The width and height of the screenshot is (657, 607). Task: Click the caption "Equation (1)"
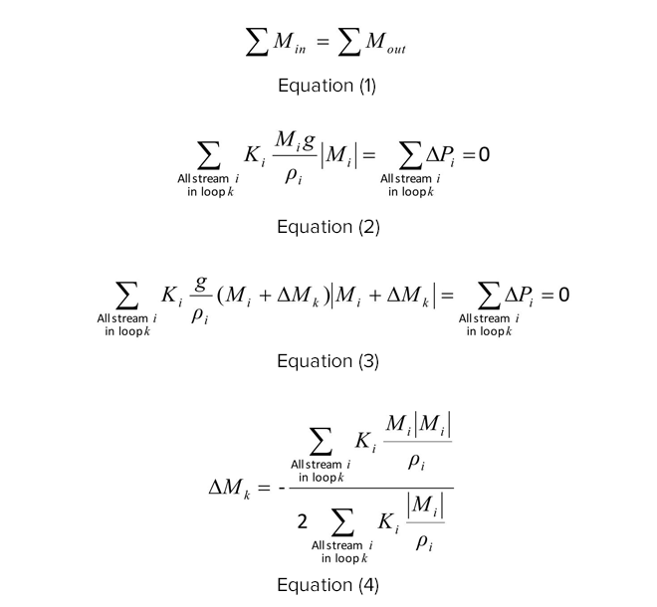(x=328, y=86)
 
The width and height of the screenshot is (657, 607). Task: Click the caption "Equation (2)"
(x=328, y=227)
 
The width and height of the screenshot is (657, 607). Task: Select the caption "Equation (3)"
(x=328, y=361)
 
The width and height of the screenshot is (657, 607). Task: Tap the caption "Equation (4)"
(x=328, y=585)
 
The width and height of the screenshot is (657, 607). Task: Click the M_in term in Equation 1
(x=290, y=43)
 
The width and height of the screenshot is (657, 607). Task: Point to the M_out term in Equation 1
(x=385, y=43)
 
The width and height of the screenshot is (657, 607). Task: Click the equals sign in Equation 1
(x=323, y=41)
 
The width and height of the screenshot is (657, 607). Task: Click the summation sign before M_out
(x=349, y=42)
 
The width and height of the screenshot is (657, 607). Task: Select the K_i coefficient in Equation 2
(x=255, y=156)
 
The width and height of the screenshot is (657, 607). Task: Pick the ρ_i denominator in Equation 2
(x=294, y=175)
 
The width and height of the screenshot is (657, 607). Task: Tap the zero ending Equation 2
(x=484, y=154)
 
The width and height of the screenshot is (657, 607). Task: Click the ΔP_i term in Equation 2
(x=440, y=156)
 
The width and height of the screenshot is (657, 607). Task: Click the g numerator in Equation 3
(x=201, y=284)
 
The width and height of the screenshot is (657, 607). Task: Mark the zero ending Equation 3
(x=564, y=295)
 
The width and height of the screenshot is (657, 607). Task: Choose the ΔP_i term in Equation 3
(x=520, y=296)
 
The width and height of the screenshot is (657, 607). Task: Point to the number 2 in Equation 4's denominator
(x=302, y=522)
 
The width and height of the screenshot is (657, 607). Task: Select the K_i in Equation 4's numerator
(x=365, y=442)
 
